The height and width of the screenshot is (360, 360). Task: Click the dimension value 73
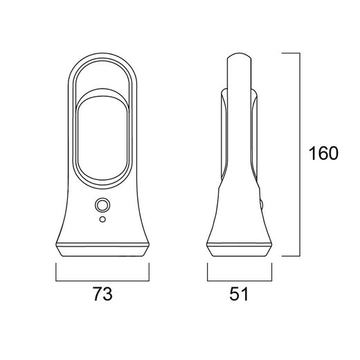tap(102, 294)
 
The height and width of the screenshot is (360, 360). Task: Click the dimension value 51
tap(239, 294)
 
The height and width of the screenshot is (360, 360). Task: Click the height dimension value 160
tap(323, 154)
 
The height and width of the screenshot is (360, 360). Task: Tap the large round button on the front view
tap(102, 205)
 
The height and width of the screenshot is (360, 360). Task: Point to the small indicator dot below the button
tap(102, 219)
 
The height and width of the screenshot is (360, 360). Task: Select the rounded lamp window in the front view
tap(102, 138)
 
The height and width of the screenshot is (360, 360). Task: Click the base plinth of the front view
tap(102, 249)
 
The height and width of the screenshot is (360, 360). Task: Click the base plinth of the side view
tap(240, 249)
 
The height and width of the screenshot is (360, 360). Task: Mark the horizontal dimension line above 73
tap(102, 281)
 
